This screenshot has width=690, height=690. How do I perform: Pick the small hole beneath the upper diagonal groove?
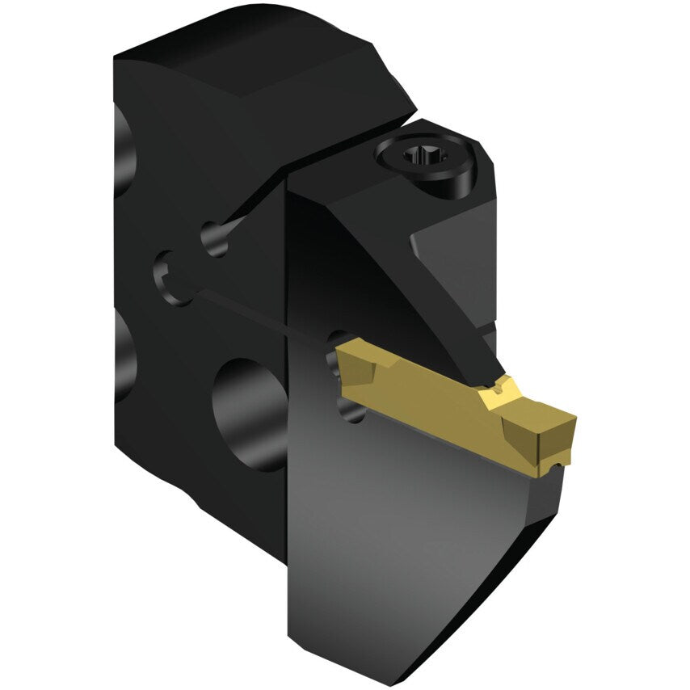tap(214, 238)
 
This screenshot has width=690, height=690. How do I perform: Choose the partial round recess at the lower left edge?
tap(123, 356)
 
